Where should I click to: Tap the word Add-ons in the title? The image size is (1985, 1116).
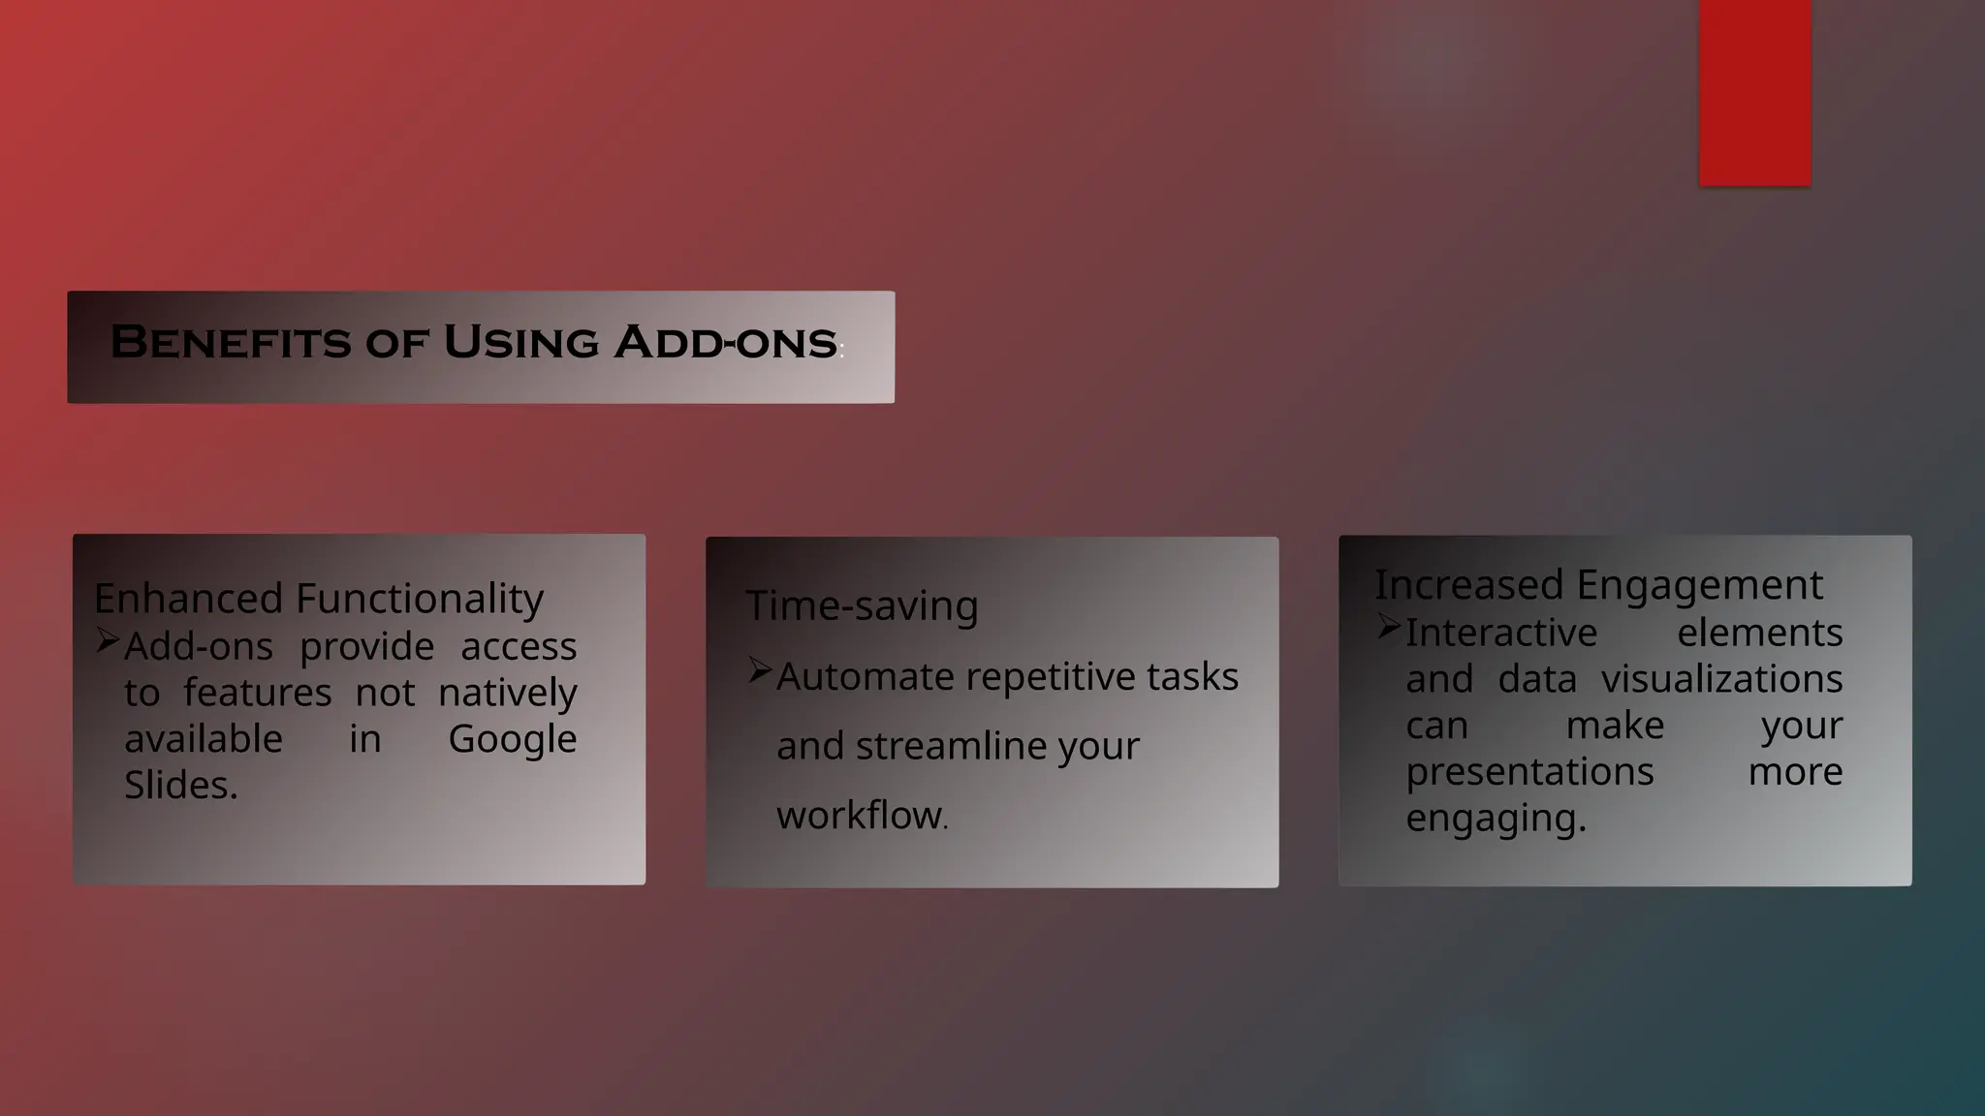click(x=726, y=342)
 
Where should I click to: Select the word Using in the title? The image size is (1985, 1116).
click(x=520, y=342)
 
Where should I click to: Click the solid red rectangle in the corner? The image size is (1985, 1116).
click(x=1754, y=92)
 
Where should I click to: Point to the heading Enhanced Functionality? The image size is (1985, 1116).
click(x=319, y=599)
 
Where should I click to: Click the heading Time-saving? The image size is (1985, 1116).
click(x=862, y=605)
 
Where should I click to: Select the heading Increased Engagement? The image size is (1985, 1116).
click(x=1598, y=585)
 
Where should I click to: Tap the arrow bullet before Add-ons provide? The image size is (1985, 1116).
click(x=108, y=640)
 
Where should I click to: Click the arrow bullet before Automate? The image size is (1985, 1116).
click(x=760, y=670)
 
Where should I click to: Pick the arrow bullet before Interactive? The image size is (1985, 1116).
click(x=1389, y=627)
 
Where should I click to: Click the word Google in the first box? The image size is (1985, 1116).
click(x=512, y=739)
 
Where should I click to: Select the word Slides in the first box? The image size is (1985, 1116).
click(x=180, y=786)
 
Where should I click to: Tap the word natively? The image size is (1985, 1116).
click(x=507, y=693)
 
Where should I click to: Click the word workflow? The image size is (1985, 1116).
click(x=860, y=816)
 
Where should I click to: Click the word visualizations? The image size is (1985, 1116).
click(x=1721, y=679)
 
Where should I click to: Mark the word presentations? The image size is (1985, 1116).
click(x=1529, y=772)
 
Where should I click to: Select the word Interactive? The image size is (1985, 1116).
click(x=1500, y=633)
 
